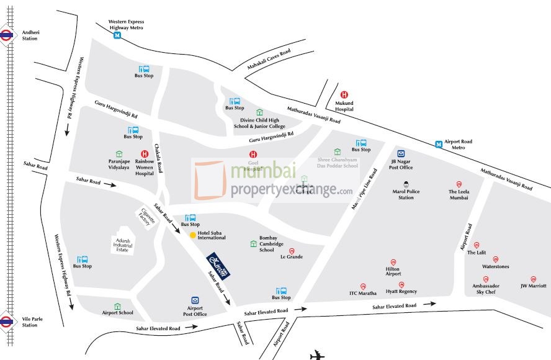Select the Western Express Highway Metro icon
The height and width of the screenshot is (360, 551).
point(117,35)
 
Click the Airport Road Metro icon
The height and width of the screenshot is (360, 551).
point(439,144)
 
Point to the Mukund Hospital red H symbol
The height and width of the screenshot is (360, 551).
point(344,94)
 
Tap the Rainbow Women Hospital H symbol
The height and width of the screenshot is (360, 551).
point(145,154)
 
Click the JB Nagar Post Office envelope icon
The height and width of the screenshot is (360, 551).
point(401,154)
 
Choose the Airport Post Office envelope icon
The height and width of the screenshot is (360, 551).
point(195,300)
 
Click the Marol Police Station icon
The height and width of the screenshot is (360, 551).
point(406,184)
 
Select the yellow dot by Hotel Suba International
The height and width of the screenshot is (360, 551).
point(192,235)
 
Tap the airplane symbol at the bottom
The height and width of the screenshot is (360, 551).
point(317,356)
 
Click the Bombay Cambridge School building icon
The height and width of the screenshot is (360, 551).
point(253,244)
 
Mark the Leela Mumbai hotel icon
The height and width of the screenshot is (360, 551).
point(459,184)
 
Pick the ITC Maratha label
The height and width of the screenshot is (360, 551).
point(363,293)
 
